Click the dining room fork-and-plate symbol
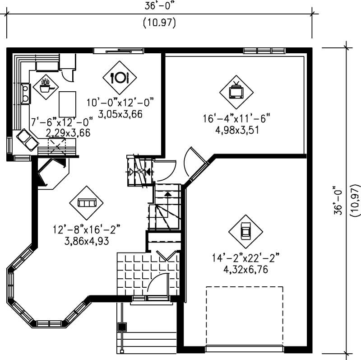120,77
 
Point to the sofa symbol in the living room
86,203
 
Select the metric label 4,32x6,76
245,268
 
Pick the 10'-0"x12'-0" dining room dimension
121,103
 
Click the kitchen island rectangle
67,103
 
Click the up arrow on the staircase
168,195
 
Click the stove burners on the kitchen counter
25,93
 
